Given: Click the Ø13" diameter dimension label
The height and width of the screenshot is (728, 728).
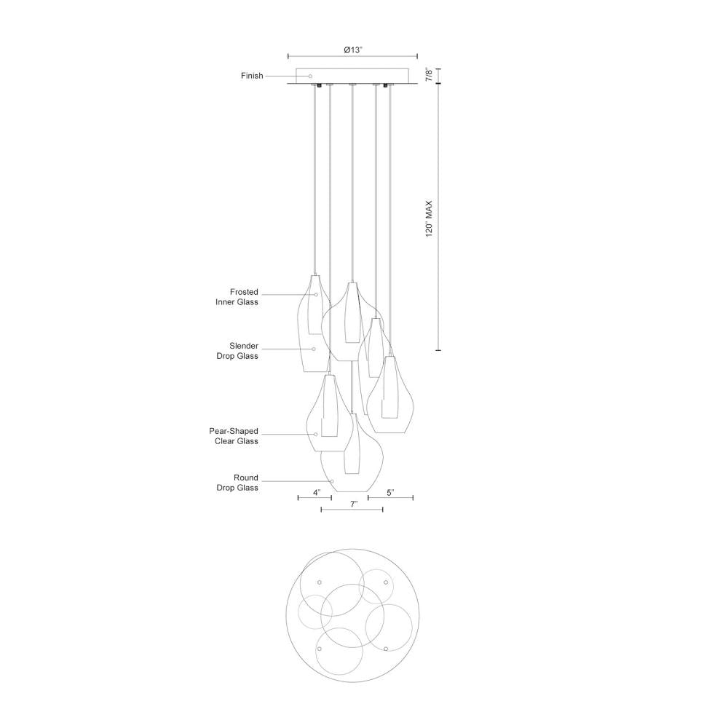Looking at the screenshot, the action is point(353,50).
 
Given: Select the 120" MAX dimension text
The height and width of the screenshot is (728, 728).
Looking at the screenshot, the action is point(429,218).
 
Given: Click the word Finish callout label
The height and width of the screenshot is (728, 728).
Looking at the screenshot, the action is point(252,76).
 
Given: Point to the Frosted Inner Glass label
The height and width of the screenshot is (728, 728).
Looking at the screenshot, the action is point(237,297).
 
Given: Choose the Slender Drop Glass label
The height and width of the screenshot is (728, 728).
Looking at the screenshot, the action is point(237,351).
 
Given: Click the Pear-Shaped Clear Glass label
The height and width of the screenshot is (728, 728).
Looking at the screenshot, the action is point(234,436).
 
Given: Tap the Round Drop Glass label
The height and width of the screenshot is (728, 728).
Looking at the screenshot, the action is point(237,483).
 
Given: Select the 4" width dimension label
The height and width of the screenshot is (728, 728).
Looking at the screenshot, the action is point(317,492).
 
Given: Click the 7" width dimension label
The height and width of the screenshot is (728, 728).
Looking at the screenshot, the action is point(355,504).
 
